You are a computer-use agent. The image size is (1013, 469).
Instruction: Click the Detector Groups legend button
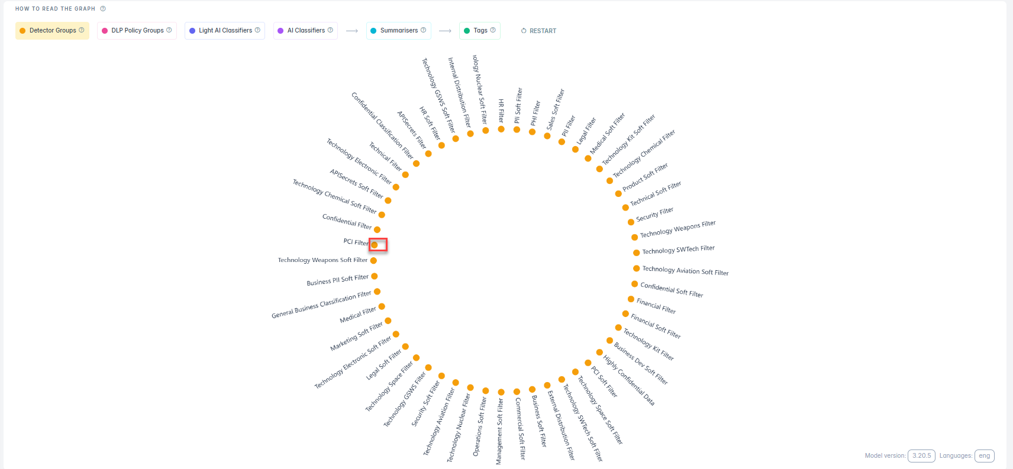click(x=52, y=31)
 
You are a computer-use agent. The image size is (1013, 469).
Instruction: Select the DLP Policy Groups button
click(x=137, y=31)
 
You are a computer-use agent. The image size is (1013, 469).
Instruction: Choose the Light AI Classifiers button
click(x=224, y=31)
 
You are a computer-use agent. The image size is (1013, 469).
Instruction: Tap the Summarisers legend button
click(x=398, y=31)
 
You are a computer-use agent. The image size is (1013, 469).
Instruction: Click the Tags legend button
click(x=479, y=31)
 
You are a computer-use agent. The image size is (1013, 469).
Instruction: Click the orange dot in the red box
click(x=375, y=245)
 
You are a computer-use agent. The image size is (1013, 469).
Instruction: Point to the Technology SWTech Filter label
click(x=678, y=250)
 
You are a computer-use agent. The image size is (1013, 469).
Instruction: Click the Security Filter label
click(x=654, y=214)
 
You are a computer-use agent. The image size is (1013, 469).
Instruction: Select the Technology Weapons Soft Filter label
click(x=322, y=260)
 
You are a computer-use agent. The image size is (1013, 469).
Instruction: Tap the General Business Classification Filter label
click(x=321, y=305)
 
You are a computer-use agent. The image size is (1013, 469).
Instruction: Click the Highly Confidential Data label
click(x=628, y=380)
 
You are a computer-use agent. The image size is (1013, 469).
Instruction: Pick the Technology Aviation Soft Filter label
click(x=685, y=271)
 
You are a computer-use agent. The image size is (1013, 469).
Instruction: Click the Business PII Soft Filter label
click(x=337, y=280)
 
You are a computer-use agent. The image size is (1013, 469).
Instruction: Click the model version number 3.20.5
click(x=921, y=456)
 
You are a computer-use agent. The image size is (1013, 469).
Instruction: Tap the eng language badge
click(x=984, y=456)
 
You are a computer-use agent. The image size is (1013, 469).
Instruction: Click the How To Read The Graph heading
click(x=55, y=9)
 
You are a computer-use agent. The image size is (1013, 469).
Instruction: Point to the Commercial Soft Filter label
click(x=520, y=428)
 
